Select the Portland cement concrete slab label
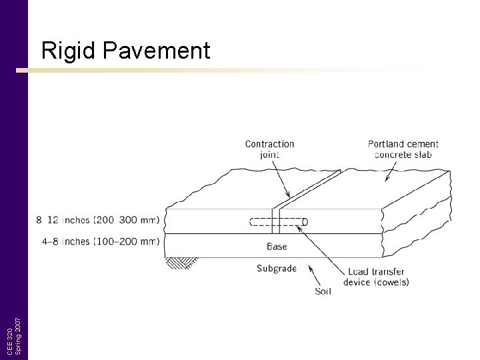coord(403,149)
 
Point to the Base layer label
coord(277,247)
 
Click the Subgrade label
coord(277,269)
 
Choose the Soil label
coord(323,291)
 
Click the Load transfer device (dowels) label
coord(376,277)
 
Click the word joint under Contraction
coord(269,155)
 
